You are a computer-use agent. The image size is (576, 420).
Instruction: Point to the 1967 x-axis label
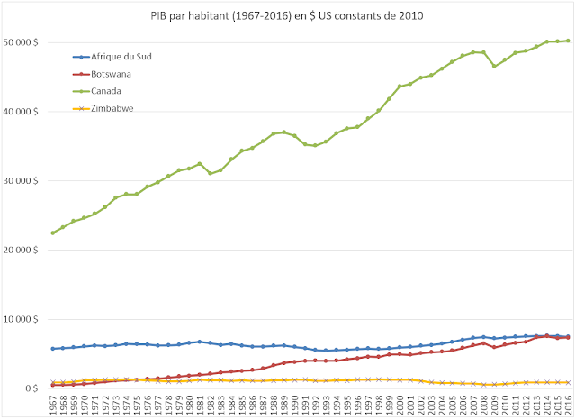click(53, 404)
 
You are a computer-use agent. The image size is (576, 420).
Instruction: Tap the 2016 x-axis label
click(567, 404)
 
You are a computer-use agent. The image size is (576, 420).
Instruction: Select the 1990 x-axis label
click(294, 404)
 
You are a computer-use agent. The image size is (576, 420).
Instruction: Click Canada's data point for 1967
click(53, 233)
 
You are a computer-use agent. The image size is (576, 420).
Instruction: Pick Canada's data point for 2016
click(567, 41)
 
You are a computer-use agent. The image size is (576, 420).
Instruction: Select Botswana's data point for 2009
click(493, 347)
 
